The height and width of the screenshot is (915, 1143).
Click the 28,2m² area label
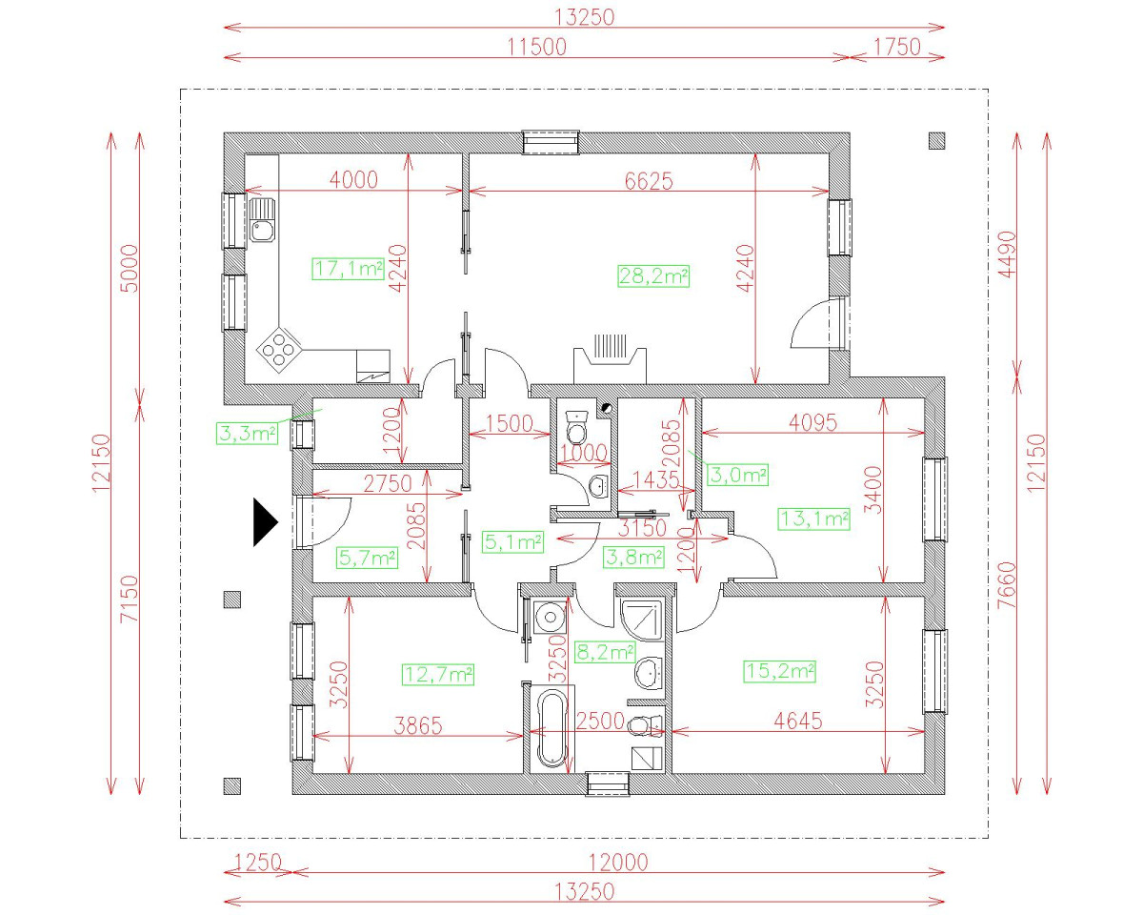tap(653, 276)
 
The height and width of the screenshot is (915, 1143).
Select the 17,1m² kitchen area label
tap(348, 269)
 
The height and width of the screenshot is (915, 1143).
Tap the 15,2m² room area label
tap(780, 672)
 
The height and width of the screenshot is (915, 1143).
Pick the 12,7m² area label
tap(438, 675)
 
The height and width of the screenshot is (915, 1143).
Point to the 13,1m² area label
tap(813, 518)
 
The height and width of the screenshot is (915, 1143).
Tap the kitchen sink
tap(262, 220)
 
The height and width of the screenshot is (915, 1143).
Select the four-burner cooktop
tap(279, 349)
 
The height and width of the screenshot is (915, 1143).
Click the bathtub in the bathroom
tap(552, 728)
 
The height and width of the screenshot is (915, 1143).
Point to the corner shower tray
tap(642, 620)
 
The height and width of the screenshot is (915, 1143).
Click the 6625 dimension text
tap(649, 181)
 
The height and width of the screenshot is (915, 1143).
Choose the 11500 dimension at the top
tap(536, 47)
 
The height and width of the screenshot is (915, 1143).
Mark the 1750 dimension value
tap(897, 47)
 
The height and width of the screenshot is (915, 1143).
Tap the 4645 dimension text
tap(798, 722)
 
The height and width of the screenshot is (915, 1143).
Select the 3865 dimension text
tap(418, 725)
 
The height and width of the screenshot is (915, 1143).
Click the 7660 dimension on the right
tap(1007, 585)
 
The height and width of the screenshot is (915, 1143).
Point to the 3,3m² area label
tap(248, 434)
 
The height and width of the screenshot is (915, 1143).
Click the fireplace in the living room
tap(610, 359)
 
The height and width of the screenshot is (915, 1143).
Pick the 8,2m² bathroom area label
tap(605, 652)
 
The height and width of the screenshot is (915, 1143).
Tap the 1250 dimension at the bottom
tap(257, 862)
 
